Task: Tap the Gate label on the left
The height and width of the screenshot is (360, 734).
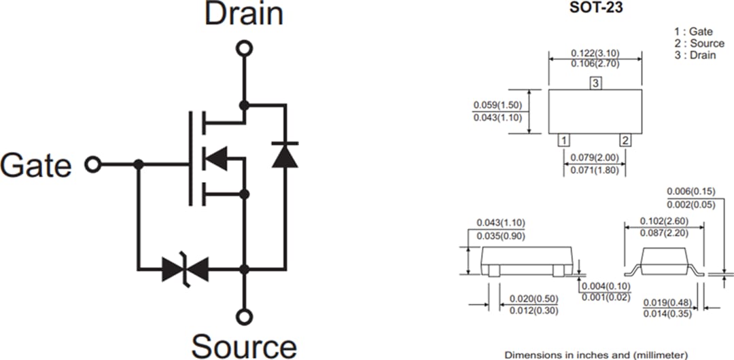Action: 36,165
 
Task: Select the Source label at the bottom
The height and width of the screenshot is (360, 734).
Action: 243,345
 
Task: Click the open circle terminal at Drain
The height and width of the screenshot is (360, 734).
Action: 243,48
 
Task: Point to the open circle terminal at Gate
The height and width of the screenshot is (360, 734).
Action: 92,164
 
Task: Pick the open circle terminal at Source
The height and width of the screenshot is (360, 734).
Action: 243,316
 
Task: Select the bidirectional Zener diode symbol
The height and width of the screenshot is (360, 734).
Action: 186,270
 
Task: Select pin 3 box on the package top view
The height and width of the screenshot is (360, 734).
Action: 595,84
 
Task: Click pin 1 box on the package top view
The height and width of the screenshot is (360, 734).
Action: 563,141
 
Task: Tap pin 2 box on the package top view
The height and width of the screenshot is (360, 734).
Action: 625,141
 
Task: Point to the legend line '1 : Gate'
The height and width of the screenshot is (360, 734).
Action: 693,31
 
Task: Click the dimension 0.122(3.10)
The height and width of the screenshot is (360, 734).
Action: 595,53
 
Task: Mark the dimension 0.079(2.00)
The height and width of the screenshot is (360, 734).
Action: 595,158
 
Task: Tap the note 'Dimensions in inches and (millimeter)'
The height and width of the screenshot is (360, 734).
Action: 595,355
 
